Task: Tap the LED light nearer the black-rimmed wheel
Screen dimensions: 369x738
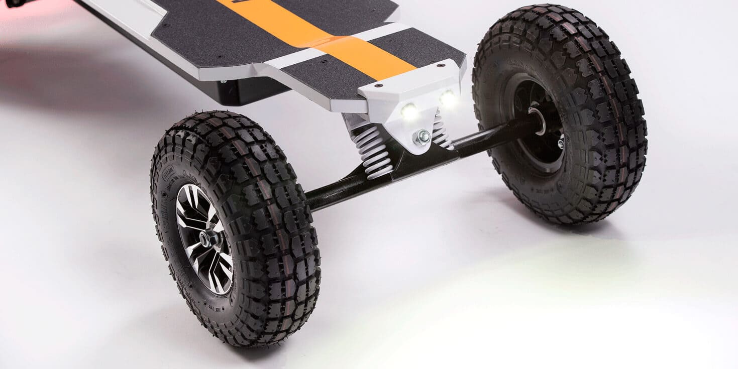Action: click(x=447, y=98)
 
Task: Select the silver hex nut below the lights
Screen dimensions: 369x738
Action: click(x=421, y=137)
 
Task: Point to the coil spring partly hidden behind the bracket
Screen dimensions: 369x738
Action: click(x=440, y=132)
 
